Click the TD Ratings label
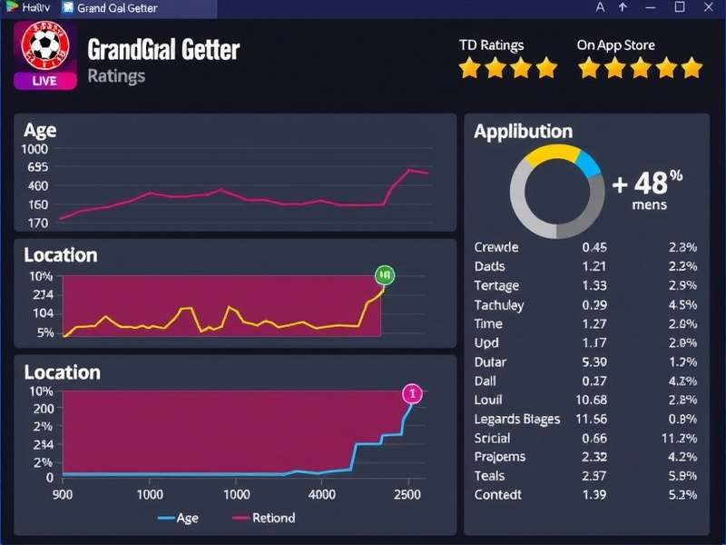pos(491,45)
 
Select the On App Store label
pos(615,45)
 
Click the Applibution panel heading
pos(523,132)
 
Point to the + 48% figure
pos(646,183)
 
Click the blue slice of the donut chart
pos(587,163)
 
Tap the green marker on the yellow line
pos(384,274)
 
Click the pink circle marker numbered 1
pos(412,393)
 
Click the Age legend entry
pos(179,518)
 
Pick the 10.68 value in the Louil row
pos(591,400)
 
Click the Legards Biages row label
pos(516,419)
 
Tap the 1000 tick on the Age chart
pos(36,150)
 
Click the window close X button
pos(707,7)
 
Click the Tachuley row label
pos(498,304)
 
